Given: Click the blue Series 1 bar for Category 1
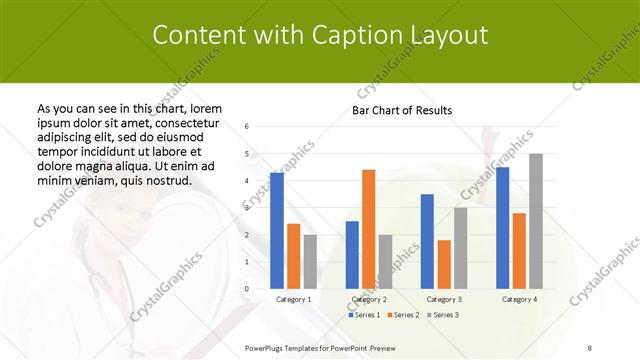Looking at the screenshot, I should pos(277,230).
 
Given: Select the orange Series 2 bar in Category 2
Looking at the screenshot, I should pos(368,229).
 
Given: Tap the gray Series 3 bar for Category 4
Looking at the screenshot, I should pos(536,221).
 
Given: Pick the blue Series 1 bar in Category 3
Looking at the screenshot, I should pos(427,241).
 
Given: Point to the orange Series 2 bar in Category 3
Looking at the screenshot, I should pos(444,264).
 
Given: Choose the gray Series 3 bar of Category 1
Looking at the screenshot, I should pos(310,261).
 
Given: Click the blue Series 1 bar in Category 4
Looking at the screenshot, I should pos(502,227).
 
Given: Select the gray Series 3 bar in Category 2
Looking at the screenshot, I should pos(385,261).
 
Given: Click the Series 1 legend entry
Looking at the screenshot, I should pos(362,314).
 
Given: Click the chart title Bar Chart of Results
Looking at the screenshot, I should pos(402,110).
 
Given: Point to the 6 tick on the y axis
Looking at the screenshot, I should pos(247,126).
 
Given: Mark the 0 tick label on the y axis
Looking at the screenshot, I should pos(247,288).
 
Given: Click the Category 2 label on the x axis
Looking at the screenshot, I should pos(369,299).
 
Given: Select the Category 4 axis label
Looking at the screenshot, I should pos(519,299).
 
